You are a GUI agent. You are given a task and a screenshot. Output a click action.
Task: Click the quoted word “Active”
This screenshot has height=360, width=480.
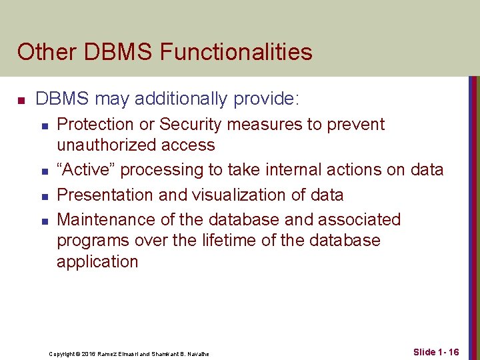(x=86, y=170)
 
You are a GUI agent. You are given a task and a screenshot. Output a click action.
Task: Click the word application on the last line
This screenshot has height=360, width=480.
(x=97, y=262)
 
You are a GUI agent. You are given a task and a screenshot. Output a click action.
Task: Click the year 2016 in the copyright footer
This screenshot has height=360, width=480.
(x=90, y=354)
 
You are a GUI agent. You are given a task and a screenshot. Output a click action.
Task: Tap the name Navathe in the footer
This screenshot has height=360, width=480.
(x=199, y=354)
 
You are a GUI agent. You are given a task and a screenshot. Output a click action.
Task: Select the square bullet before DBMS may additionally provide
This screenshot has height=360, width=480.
(x=21, y=101)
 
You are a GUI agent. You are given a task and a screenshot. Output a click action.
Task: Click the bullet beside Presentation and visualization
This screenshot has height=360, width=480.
(x=43, y=196)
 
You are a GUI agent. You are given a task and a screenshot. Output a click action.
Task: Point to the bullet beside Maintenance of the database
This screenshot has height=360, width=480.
(x=43, y=221)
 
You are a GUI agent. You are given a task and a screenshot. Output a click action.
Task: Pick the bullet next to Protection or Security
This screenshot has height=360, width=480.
(x=43, y=126)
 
